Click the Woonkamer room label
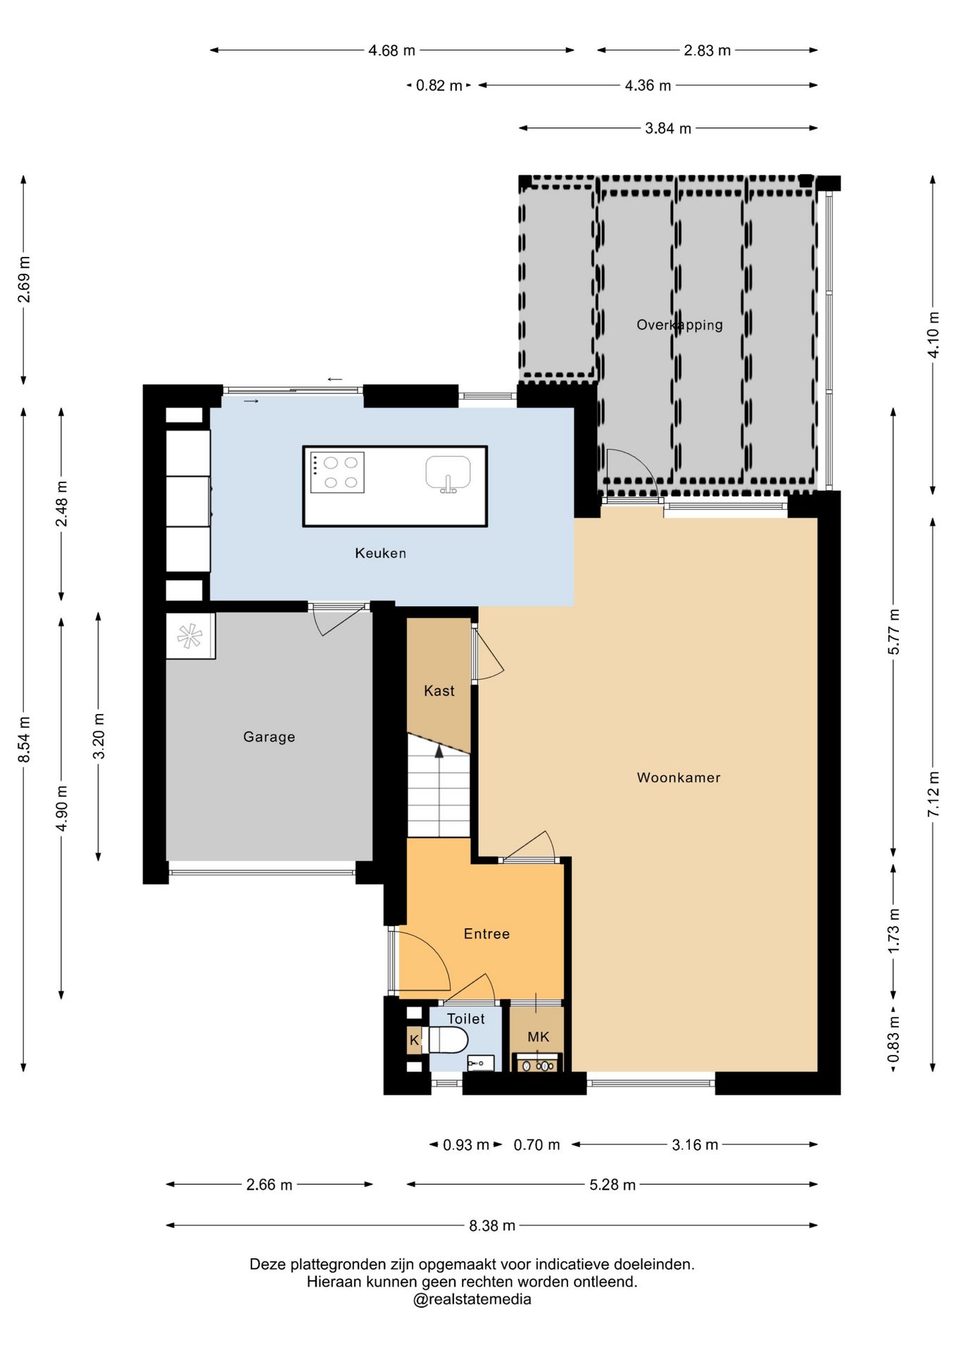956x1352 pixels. pyautogui.click(x=678, y=777)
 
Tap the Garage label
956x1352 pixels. pyautogui.click(x=269, y=737)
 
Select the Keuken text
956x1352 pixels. pyautogui.click(x=380, y=553)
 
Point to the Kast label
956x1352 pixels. pyautogui.click(x=439, y=691)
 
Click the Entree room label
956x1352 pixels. pyautogui.click(x=486, y=934)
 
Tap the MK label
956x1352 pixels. pyautogui.click(x=538, y=1037)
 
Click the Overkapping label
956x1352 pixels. pyautogui.click(x=679, y=325)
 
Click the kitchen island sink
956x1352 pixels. pyautogui.click(x=448, y=473)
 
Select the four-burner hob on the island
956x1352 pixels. pyautogui.click(x=337, y=472)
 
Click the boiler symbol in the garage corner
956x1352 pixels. pyautogui.click(x=189, y=636)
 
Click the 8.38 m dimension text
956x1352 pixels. pyautogui.click(x=492, y=1226)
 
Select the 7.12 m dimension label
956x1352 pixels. pyautogui.click(x=933, y=794)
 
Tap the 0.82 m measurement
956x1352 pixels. pyautogui.click(x=439, y=86)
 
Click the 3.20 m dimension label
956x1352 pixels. pyautogui.click(x=99, y=736)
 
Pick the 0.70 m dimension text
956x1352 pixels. pyautogui.click(x=536, y=1145)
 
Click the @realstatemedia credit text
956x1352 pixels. pyautogui.click(x=472, y=1299)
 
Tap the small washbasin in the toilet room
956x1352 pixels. pyautogui.click(x=481, y=1063)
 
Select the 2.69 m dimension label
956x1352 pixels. pyautogui.click(x=24, y=280)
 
